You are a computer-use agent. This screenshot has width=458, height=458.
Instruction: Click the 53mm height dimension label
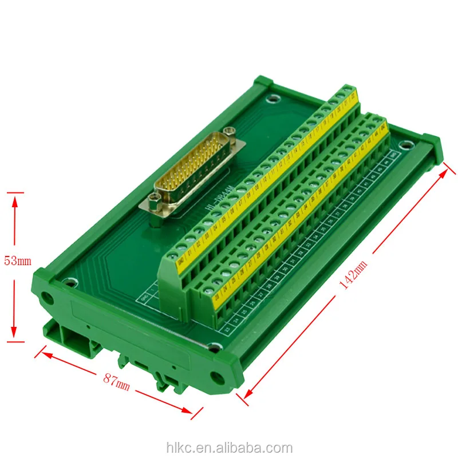[17, 261]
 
